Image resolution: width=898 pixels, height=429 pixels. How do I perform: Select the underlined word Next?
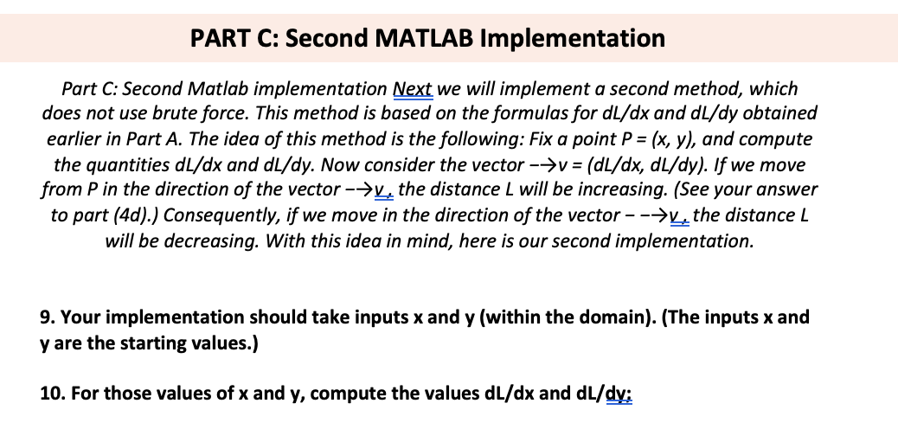point(414,88)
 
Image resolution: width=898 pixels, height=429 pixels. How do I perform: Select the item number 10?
point(51,394)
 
